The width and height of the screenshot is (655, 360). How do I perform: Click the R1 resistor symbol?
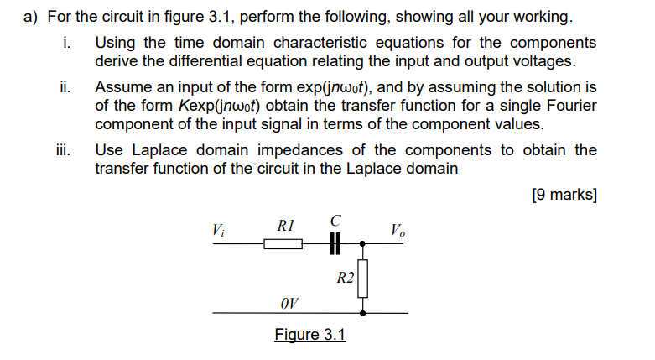[x=283, y=244]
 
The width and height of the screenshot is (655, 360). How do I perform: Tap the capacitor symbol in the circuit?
[x=335, y=244]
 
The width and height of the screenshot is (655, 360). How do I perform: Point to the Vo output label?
[x=398, y=229]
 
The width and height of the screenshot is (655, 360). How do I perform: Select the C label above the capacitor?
[x=335, y=221]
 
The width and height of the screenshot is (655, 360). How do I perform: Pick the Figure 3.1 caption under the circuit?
[x=309, y=335]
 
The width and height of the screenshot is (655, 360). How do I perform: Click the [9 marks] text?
[x=564, y=195]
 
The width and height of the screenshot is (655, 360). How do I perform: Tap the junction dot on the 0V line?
[x=362, y=313]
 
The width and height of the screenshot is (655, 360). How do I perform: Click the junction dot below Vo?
[x=362, y=244]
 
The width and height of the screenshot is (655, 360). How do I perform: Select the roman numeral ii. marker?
[x=64, y=87]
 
